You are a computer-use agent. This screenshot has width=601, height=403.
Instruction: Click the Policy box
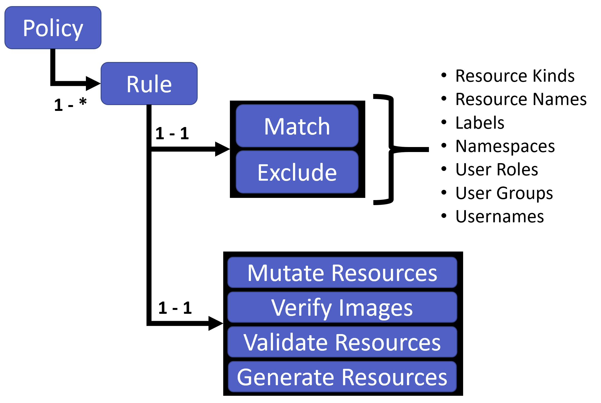pyautogui.click(x=53, y=28)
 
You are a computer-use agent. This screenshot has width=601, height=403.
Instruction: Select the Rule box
pyautogui.click(x=149, y=84)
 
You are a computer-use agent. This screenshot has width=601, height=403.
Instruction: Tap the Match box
pyautogui.click(x=297, y=126)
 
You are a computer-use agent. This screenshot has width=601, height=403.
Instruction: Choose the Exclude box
pyautogui.click(x=297, y=172)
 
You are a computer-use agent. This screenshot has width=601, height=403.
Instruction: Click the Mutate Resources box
pyautogui.click(x=342, y=273)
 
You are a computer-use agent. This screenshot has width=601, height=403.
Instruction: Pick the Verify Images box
pyautogui.click(x=342, y=307)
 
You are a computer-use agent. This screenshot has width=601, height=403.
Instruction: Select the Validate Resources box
pyautogui.click(x=342, y=342)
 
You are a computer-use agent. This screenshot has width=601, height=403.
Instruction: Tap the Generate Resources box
pyautogui.click(x=342, y=377)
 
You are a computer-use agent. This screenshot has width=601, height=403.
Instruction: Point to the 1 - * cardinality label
pyautogui.click(x=70, y=105)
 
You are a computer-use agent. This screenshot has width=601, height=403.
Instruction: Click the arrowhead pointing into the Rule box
pyautogui.click(x=93, y=83)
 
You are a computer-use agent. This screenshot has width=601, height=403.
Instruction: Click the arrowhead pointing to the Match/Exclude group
pyautogui.click(x=222, y=149)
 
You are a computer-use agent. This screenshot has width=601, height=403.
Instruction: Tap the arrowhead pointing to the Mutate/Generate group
pyautogui.click(x=215, y=323)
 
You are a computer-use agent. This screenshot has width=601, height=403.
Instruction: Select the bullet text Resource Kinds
pyautogui.click(x=515, y=76)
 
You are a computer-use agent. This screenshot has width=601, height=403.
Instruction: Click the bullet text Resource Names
pyautogui.click(x=521, y=99)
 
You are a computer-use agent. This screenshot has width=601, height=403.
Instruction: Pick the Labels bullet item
pyautogui.click(x=480, y=123)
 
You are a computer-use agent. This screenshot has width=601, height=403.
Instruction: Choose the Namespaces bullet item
pyautogui.click(x=505, y=146)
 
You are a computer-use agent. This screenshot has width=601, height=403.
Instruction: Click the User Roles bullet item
pyautogui.click(x=496, y=170)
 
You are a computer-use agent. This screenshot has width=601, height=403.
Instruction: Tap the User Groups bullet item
pyautogui.click(x=504, y=193)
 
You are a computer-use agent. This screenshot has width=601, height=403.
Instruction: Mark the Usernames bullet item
pyautogui.click(x=500, y=217)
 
